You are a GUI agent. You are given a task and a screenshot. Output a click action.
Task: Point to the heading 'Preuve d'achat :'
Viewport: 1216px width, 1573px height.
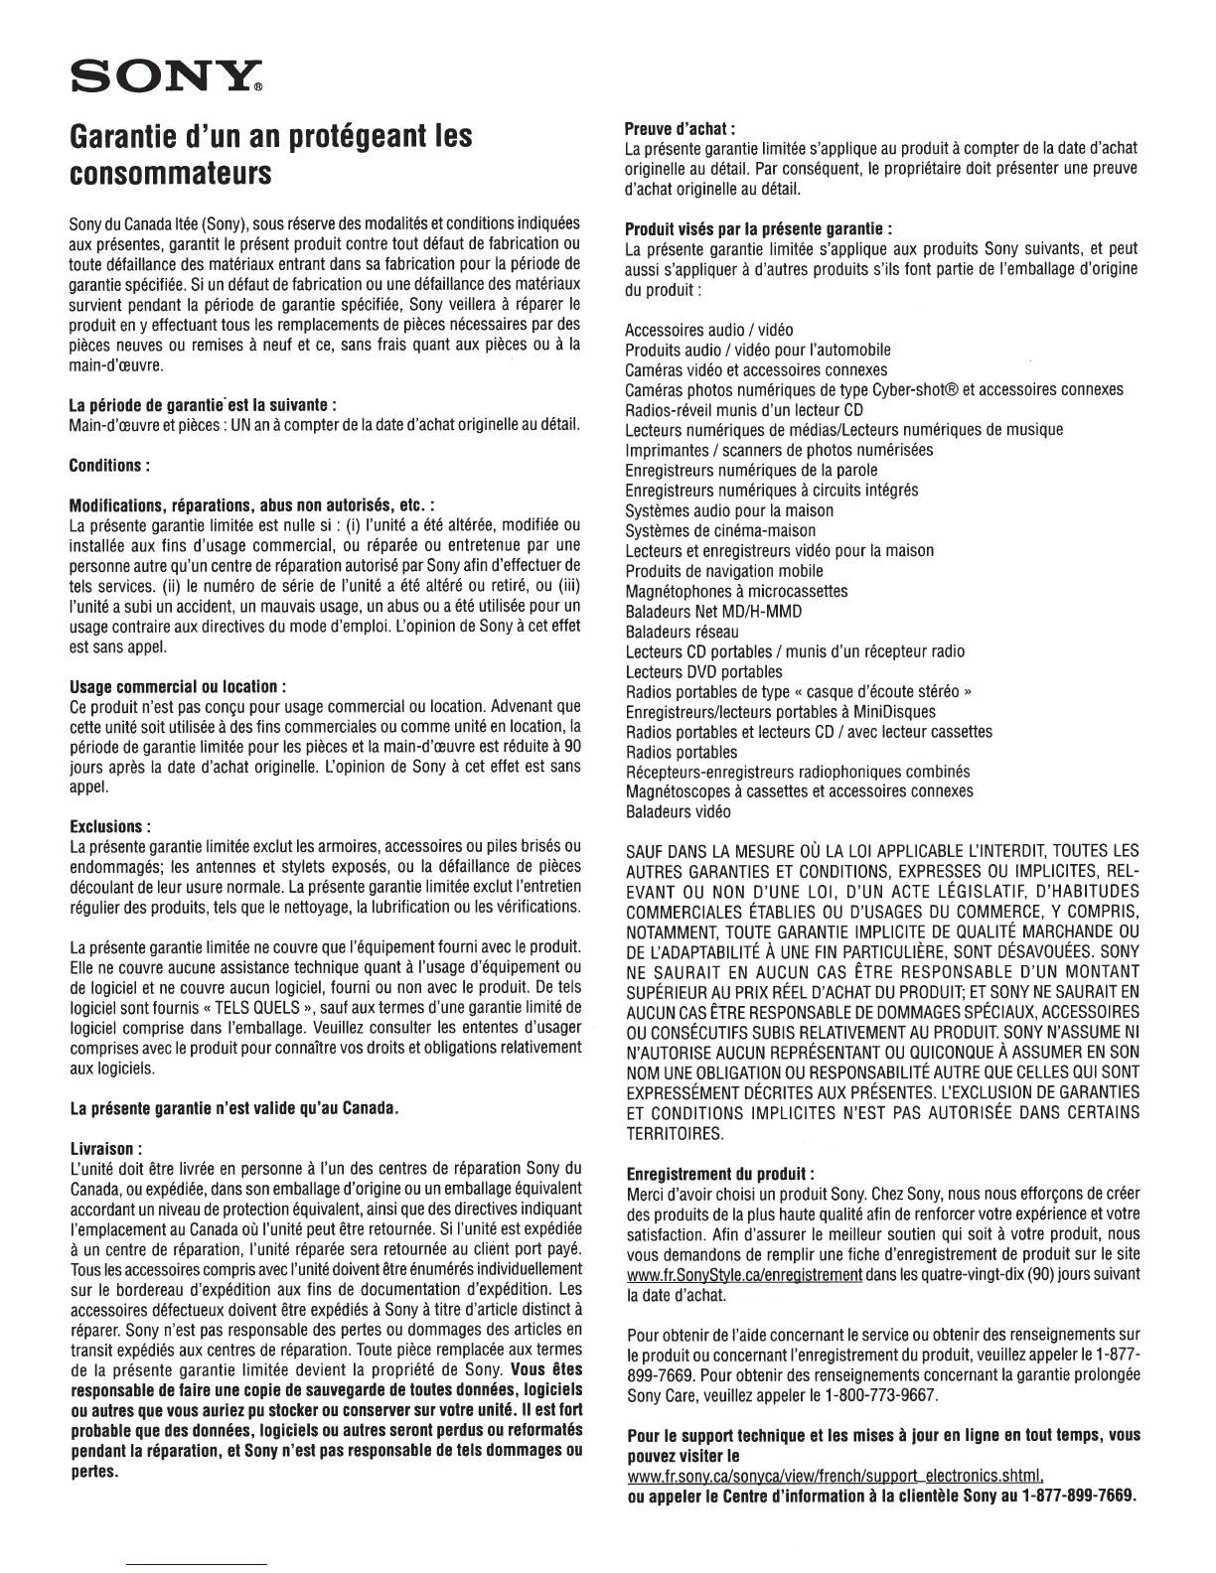[680, 128]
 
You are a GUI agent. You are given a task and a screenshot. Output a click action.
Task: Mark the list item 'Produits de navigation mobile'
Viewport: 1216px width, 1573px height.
[724, 571]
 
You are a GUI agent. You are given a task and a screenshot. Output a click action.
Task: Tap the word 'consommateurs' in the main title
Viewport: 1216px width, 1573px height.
[171, 175]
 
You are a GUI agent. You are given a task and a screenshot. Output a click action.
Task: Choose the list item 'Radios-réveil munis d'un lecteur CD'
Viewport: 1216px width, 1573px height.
[744, 410]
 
